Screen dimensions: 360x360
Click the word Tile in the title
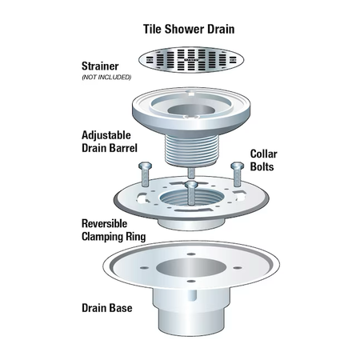(153, 29)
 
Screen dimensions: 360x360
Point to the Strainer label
(100, 66)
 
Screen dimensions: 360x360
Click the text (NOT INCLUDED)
(106, 78)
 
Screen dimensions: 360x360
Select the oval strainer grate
(191, 60)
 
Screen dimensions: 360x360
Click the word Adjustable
(106, 135)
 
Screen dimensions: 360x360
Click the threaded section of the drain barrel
(192, 150)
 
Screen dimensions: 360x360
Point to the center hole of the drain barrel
(191, 110)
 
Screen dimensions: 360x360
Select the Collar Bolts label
(263, 160)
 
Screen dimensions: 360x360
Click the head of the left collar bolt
(145, 166)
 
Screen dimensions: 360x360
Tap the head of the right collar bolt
(237, 166)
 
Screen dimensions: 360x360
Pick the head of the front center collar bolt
(191, 185)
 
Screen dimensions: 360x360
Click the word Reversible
(104, 224)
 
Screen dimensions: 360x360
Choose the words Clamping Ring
(114, 237)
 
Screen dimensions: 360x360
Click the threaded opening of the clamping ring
(191, 198)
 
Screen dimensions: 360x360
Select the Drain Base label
(107, 308)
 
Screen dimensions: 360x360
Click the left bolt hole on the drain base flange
(144, 267)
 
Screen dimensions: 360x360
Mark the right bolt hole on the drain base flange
(238, 267)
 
